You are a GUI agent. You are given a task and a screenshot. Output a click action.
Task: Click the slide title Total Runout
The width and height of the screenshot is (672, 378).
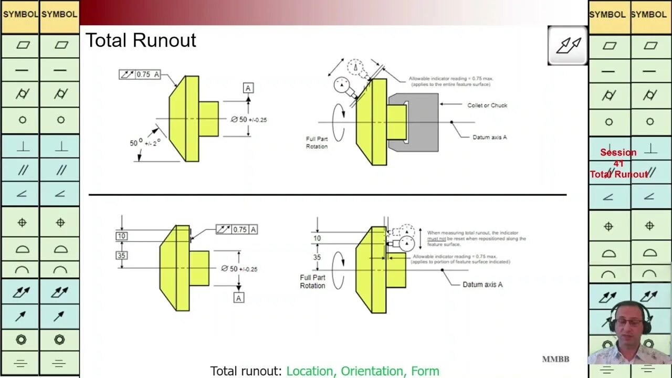coord(141,40)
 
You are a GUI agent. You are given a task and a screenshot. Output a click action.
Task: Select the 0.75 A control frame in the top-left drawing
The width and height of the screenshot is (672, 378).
coord(139,75)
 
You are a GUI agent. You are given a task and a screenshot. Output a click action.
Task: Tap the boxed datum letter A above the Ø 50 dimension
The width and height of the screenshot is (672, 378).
coord(248,88)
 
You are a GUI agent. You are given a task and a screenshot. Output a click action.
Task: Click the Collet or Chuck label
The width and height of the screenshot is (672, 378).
coord(487,105)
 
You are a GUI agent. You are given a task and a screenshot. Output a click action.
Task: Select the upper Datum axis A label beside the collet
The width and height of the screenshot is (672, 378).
coord(489,137)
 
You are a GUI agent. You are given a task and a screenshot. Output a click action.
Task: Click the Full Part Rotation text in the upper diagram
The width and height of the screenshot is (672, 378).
coord(317,143)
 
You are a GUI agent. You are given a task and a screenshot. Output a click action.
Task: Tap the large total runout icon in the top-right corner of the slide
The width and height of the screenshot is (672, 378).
coord(568,46)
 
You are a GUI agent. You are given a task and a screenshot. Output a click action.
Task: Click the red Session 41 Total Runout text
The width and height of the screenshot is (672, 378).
coord(618,163)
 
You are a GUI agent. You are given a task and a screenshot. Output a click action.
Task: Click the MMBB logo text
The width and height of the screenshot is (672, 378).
coord(555,359)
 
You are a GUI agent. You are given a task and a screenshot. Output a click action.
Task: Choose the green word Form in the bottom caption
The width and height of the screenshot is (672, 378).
coord(425,371)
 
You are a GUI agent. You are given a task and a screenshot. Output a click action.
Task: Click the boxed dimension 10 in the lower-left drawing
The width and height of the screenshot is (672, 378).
coord(121,236)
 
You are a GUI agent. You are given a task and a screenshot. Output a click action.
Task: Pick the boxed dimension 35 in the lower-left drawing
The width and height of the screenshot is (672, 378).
coord(121,256)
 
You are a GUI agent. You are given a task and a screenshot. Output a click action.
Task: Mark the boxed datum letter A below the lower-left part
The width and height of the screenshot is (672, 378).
coord(239,298)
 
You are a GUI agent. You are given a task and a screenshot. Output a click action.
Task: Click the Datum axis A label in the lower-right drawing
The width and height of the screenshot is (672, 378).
coord(482,285)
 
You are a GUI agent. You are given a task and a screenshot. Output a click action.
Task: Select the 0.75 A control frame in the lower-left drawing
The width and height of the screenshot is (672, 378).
coord(237,229)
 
